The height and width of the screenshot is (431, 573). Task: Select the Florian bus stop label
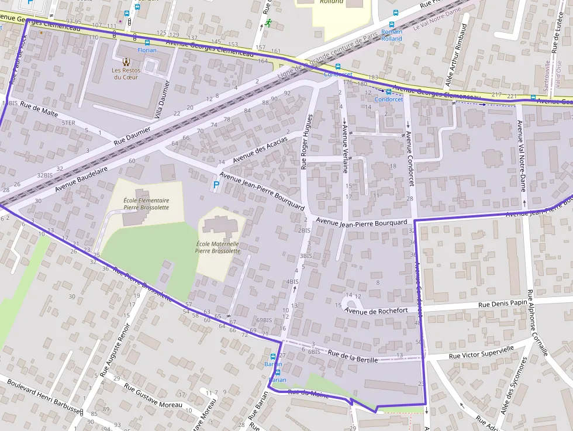coord(147,50)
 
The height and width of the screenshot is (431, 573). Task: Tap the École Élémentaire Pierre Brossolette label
coord(146,204)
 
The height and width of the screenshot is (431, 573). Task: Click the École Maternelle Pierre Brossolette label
coord(218,247)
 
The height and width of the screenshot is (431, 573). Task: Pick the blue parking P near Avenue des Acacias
coord(216,185)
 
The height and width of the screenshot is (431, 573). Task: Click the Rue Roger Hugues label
coord(306,142)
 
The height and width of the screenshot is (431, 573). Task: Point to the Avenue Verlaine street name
coord(346,149)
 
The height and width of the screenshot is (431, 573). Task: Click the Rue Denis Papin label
coord(502,304)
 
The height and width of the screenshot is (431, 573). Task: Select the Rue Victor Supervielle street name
coord(481,351)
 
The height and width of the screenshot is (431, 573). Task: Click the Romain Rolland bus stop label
coord(391,35)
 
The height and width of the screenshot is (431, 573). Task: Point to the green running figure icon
coord(268,23)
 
